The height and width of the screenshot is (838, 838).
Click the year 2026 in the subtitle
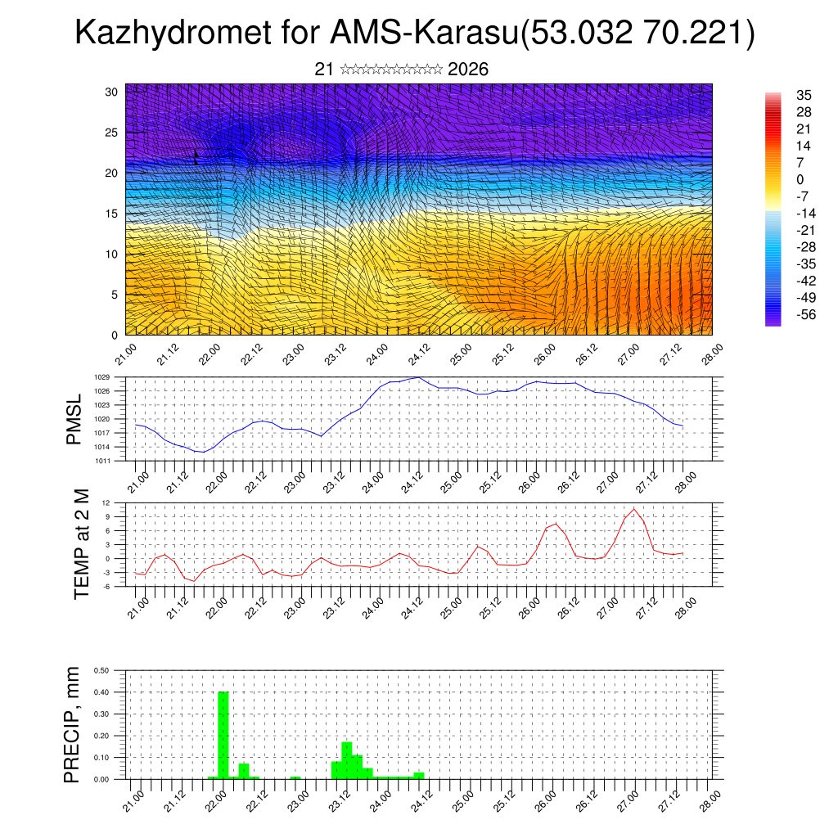(x=468, y=70)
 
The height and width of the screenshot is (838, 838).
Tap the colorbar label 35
(x=804, y=95)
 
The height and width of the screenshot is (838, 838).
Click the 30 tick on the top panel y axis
(x=112, y=92)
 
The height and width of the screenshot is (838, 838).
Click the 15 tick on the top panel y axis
(x=112, y=214)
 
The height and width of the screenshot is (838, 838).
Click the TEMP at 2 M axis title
(x=82, y=545)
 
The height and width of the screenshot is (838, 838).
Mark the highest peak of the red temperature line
(x=633, y=509)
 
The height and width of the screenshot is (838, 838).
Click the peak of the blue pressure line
(x=418, y=377)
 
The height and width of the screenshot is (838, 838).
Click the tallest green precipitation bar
(x=223, y=735)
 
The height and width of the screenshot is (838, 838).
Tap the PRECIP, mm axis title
(x=74, y=724)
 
